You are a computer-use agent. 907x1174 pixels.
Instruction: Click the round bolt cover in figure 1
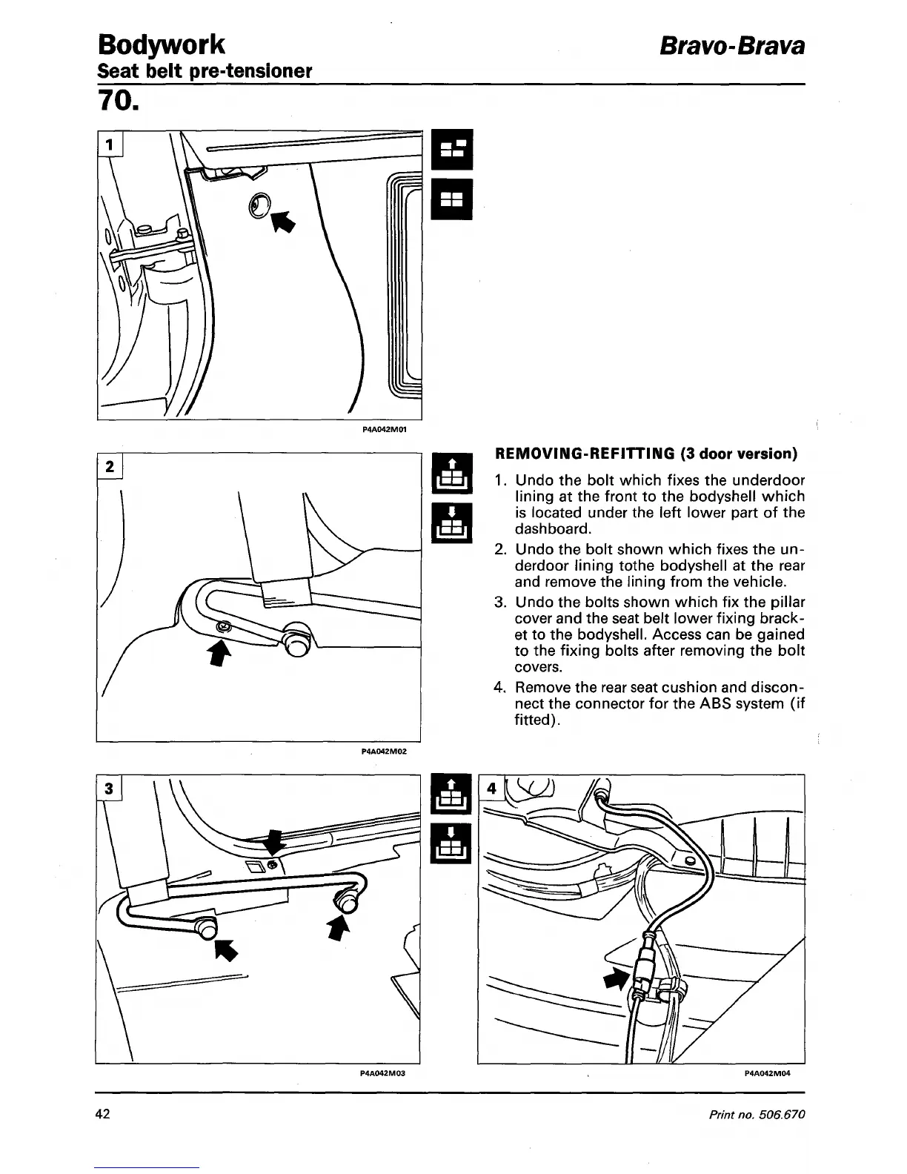tap(260, 206)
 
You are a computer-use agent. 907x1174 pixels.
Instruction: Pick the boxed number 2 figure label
tap(110, 467)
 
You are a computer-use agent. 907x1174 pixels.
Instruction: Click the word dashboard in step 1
tap(552, 528)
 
